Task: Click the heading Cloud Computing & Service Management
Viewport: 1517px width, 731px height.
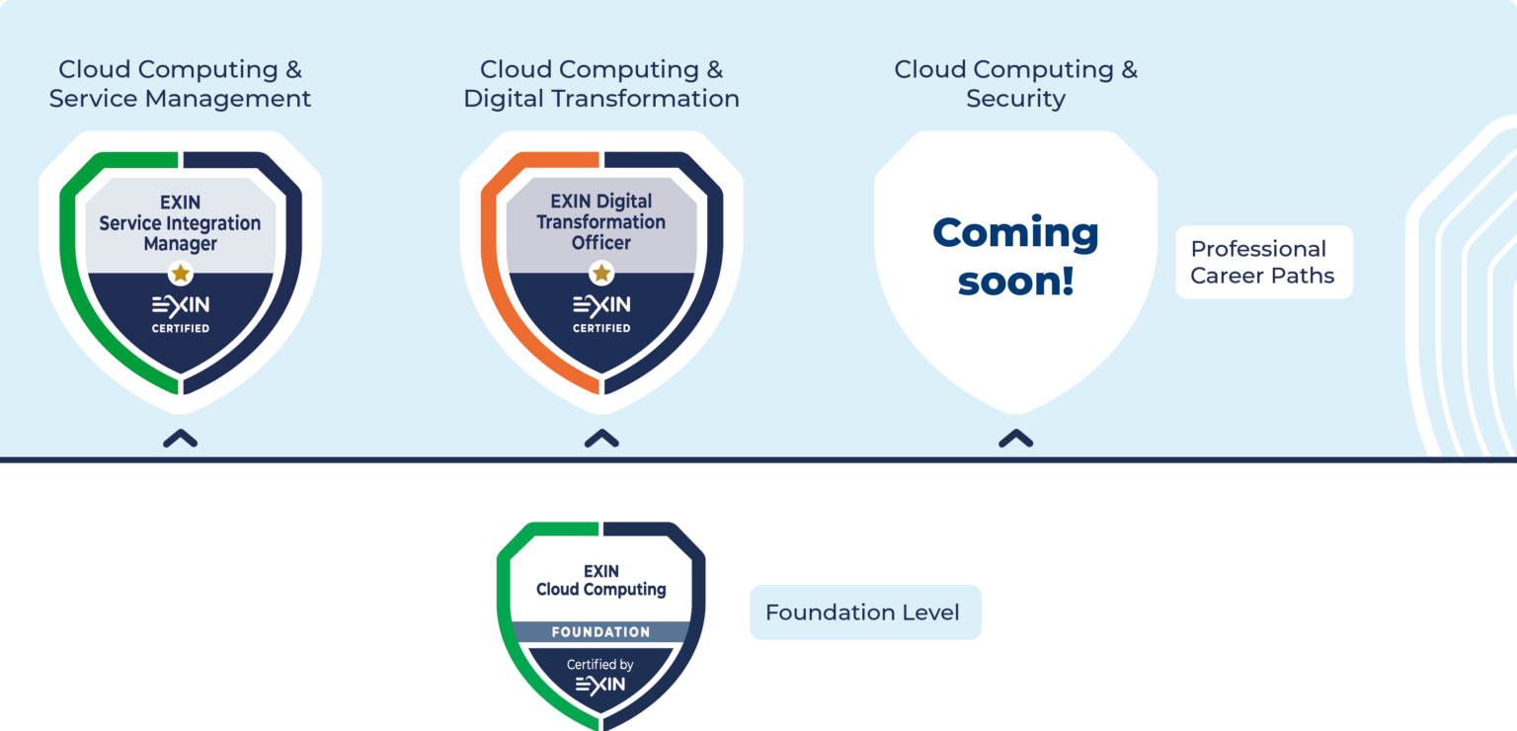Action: [x=180, y=84]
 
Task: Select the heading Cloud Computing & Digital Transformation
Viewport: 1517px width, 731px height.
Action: [x=600, y=84]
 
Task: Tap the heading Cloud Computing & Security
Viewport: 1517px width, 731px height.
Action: [x=1015, y=84]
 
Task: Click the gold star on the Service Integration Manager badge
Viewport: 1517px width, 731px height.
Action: [x=180, y=273]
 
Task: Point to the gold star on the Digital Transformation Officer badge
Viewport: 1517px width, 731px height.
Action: [x=600, y=273]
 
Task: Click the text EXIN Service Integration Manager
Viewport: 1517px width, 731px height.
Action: [x=180, y=223]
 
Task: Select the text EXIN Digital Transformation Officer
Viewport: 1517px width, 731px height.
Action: [x=600, y=222]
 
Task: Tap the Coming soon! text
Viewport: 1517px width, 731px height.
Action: [x=1015, y=257]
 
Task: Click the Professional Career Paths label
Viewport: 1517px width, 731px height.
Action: [x=1263, y=263]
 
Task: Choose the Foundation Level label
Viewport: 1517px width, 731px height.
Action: [x=864, y=612]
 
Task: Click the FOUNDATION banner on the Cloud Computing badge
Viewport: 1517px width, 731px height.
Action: [x=600, y=631]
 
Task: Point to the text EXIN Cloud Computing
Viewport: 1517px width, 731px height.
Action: [x=600, y=581]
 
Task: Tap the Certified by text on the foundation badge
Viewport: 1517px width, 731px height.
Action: [x=600, y=665]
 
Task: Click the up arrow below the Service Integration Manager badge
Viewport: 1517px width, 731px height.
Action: [x=180, y=439]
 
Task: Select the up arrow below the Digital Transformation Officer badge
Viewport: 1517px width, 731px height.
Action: [x=600, y=439]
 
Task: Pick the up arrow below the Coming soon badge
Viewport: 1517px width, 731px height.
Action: [x=1015, y=439]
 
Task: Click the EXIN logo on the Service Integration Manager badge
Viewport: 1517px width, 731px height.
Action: [x=180, y=304]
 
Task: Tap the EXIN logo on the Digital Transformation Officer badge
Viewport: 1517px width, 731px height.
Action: [x=600, y=304]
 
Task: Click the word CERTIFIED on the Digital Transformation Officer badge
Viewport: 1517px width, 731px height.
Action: [x=600, y=328]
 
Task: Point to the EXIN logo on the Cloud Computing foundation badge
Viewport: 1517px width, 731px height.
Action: [x=600, y=685]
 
